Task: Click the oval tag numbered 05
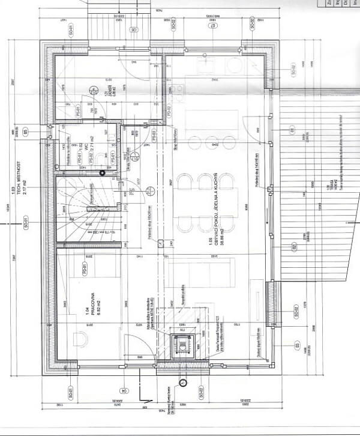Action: [x=25, y=132]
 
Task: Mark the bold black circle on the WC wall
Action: [x=102, y=173]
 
